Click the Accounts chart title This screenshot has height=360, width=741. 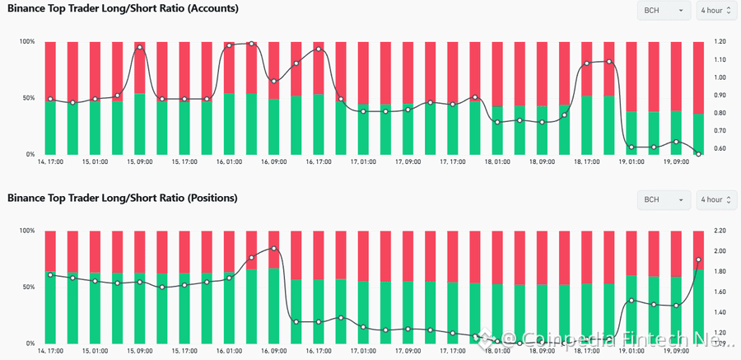123,9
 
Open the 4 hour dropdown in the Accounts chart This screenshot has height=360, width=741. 714,11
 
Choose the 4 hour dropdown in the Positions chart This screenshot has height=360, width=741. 714,199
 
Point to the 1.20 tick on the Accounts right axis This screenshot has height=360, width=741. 720,41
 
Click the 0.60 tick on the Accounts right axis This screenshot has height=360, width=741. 720,149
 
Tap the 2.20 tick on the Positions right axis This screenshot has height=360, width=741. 720,231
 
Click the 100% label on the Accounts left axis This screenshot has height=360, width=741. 27,41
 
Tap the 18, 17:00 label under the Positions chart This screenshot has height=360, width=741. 587,351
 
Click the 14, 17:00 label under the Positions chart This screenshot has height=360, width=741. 50,351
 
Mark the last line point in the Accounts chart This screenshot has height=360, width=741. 698,154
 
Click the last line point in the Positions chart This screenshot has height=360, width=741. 698,259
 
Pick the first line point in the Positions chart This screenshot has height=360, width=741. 50,275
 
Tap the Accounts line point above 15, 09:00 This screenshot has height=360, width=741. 140,48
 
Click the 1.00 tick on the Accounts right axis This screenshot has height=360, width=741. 720,77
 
